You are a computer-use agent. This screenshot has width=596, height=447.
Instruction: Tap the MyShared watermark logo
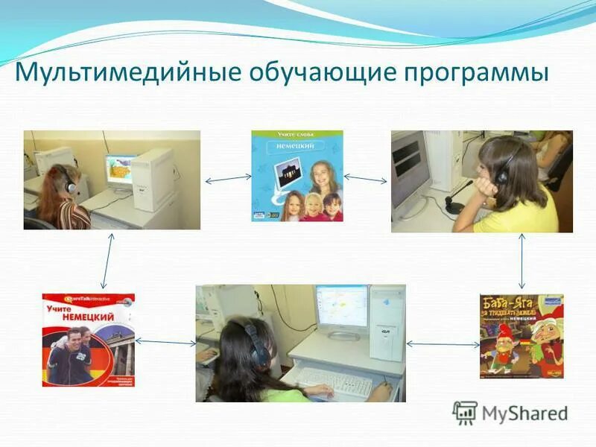[x=510, y=413]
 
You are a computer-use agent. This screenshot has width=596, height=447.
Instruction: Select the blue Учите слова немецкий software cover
[x=297, y=176]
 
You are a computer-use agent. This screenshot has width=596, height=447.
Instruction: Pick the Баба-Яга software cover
[x=521, y=336]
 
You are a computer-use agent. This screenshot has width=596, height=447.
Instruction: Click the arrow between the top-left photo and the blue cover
[x=227, y=178]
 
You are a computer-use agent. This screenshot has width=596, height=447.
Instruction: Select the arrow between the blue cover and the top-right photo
[x=366, y=179]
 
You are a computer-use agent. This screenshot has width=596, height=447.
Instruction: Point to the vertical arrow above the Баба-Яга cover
[x=521, y=261]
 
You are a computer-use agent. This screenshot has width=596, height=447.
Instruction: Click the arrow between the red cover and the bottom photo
[x=165, y=341]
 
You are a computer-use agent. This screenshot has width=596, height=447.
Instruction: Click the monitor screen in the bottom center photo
[x=340, y=308]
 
